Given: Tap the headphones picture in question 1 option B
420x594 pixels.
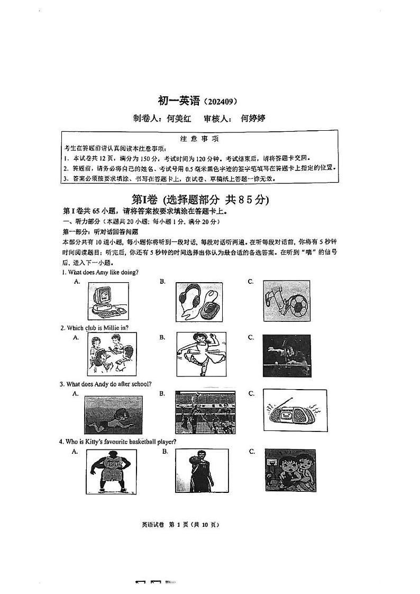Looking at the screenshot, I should tap(197, 301).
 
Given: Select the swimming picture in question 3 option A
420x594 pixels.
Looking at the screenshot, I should tap(113, 415).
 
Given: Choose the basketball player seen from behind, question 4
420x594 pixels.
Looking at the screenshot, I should tap(111, 472).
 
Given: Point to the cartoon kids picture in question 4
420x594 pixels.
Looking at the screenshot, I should tap(286, 470).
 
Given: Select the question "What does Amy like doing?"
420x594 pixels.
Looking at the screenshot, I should tap(99, 272).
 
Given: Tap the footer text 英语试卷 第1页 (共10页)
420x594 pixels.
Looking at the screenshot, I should tap(180, 525).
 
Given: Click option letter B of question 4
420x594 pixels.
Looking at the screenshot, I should tap(165, 452).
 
